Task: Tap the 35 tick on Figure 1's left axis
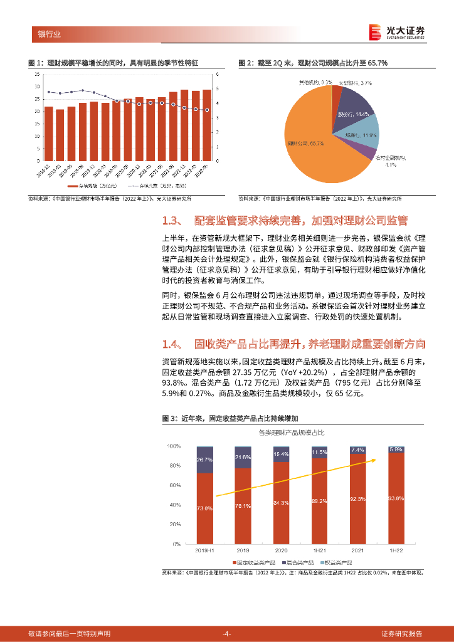point(37,74)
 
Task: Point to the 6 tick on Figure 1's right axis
point(218,74)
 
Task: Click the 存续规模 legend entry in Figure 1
point(87,186)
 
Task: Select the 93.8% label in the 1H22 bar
point(396,498)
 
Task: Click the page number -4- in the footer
point(227,633)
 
